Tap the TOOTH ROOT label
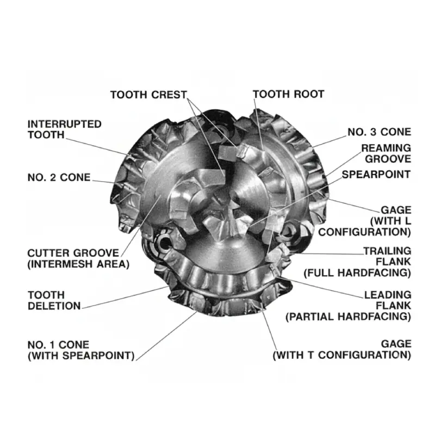click(x=288, y=94)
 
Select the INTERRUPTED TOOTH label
click(x=64, y=129)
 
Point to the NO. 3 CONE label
click(x=380, y=132)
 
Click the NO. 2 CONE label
click(x=59, y=178)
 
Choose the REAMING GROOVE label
click(x=386, y=153)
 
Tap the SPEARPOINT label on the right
click(x=376, y=175)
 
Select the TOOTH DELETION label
click(x=54, y=300)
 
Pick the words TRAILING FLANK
click(x=387, y=256)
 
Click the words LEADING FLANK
click(x=387, y=301)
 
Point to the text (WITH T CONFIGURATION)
click(x=341, y=356)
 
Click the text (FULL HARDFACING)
click(x=357, y=271)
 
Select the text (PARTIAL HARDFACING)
click(x=348, y=316)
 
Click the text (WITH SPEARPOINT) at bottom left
click(x=80, y=356)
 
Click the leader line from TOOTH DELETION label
click(x=125, y=297)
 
